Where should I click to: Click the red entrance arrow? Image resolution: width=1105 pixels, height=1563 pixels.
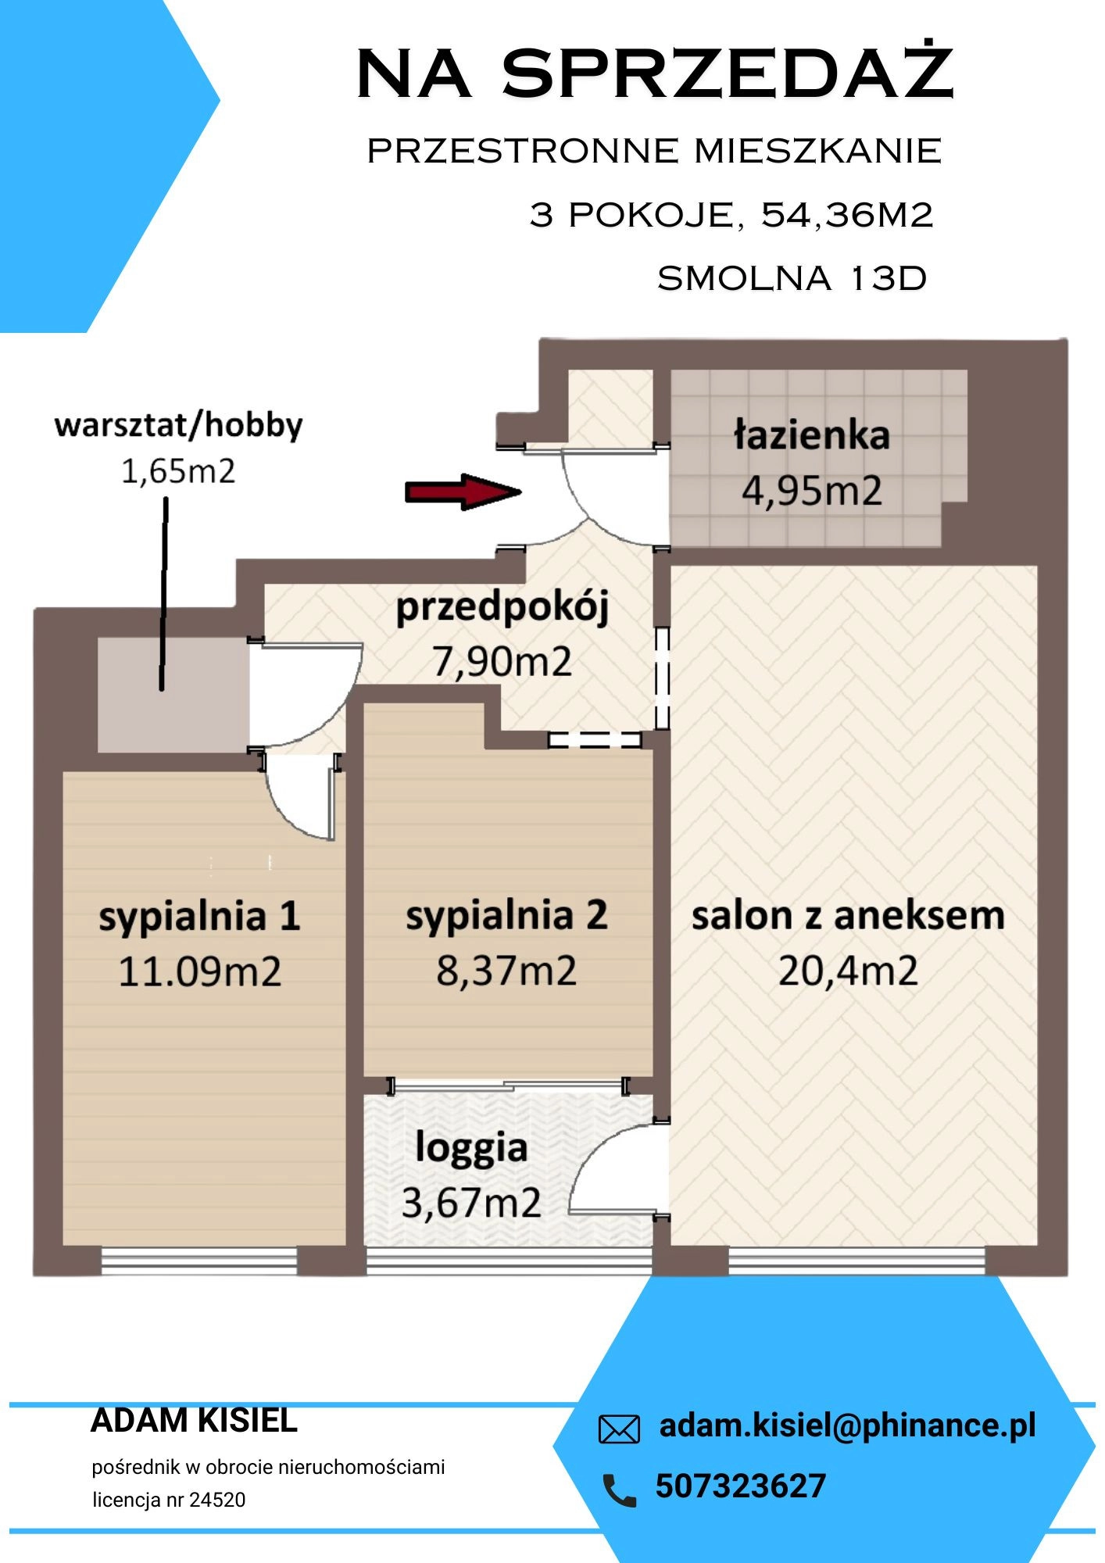(x=463, y=492)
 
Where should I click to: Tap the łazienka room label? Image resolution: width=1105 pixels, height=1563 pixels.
(x=812, y=435)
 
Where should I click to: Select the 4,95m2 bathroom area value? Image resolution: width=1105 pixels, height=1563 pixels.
(x=812, y=491)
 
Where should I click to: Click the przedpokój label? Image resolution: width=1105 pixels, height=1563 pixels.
(x=502, y=608)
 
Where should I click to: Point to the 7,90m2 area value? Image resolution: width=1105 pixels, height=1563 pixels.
(x=502, y=661)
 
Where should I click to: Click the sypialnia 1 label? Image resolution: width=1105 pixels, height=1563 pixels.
(x=199, y=917)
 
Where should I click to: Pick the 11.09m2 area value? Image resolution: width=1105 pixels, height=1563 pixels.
(x=199, y=971)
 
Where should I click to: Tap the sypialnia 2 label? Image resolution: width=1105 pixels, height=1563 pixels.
(x=506, y=915)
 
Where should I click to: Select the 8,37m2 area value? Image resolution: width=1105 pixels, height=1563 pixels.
(x=506, y=971)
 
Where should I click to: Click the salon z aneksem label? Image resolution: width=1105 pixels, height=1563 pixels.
(x=848, y=915)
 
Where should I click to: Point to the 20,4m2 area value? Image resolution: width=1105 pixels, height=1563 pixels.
(x=848, y=971)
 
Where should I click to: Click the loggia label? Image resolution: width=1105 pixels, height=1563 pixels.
(x=471, y=1149)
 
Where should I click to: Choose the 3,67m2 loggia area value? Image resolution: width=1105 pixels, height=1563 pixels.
(x=471, y=1202)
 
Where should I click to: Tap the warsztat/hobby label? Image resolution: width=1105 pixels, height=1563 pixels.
(x=178, y=425)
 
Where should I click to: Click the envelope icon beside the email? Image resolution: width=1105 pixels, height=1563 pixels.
(x=619, y=1429)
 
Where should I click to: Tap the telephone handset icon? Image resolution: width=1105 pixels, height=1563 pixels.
(x=620, y=1490)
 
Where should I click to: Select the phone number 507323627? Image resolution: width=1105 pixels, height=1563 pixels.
(x=740, y=1486)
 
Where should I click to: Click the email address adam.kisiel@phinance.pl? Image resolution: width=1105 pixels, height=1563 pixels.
(x=848, y=1426)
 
